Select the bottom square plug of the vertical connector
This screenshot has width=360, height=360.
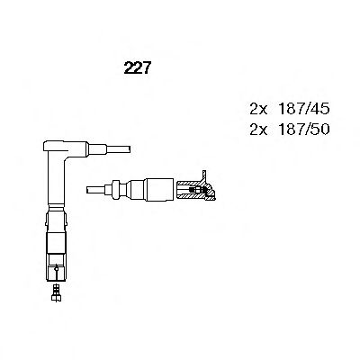tap(56, 270)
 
